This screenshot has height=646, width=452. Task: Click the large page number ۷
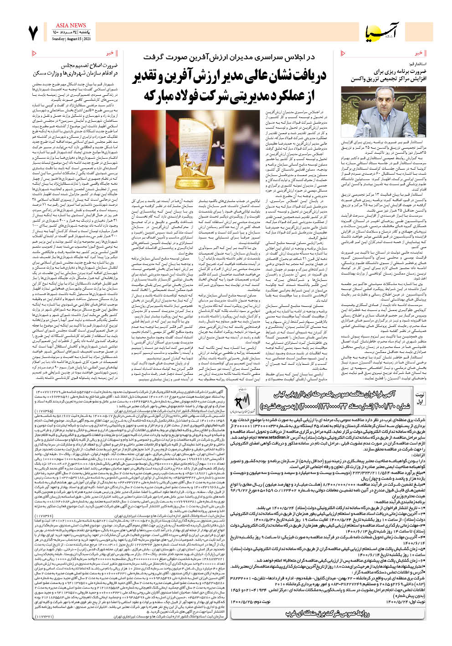click(33, 33)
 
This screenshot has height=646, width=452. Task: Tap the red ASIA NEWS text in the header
click(71, 26)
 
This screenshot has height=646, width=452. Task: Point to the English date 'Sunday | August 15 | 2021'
click(71, 39)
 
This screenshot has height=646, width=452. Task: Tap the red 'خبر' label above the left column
click(109, 53)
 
